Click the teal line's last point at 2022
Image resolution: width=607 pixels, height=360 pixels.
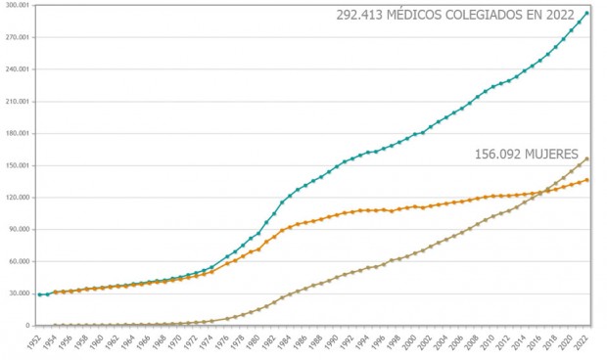point(587,13)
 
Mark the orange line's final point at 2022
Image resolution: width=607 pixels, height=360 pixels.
point(587,180)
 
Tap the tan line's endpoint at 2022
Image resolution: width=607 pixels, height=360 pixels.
point(587,158)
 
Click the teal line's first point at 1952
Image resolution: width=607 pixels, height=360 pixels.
point(39,294)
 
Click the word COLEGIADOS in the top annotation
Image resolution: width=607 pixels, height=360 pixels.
point(481,16)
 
